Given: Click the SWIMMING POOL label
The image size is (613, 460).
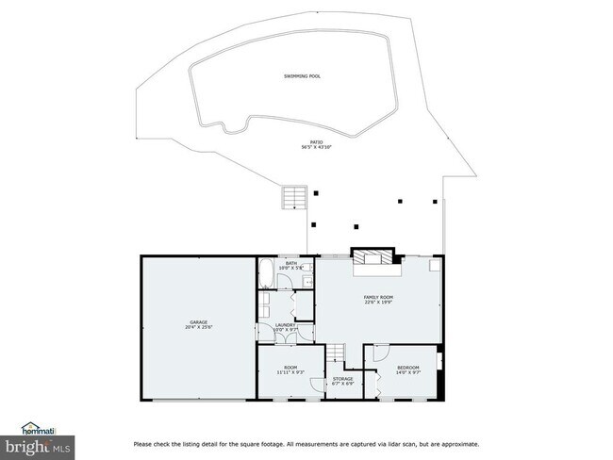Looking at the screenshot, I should point(302,75).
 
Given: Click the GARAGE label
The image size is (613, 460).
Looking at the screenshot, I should point(197,322).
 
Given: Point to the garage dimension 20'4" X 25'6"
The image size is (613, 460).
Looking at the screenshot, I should point(197,328).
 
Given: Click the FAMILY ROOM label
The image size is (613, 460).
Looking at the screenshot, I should point(378,297).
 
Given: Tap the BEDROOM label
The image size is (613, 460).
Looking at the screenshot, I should point(407,367).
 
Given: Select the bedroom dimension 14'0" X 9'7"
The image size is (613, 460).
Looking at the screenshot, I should point(407,372).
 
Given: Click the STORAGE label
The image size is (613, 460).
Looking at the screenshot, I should point(342,378).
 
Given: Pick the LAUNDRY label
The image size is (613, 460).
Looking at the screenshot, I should point(286,325).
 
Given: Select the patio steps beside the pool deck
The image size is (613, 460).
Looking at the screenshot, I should point(293,198).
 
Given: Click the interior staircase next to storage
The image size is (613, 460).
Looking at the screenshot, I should point(337,354).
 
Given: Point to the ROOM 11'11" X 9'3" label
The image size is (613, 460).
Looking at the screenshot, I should point(290,370).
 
